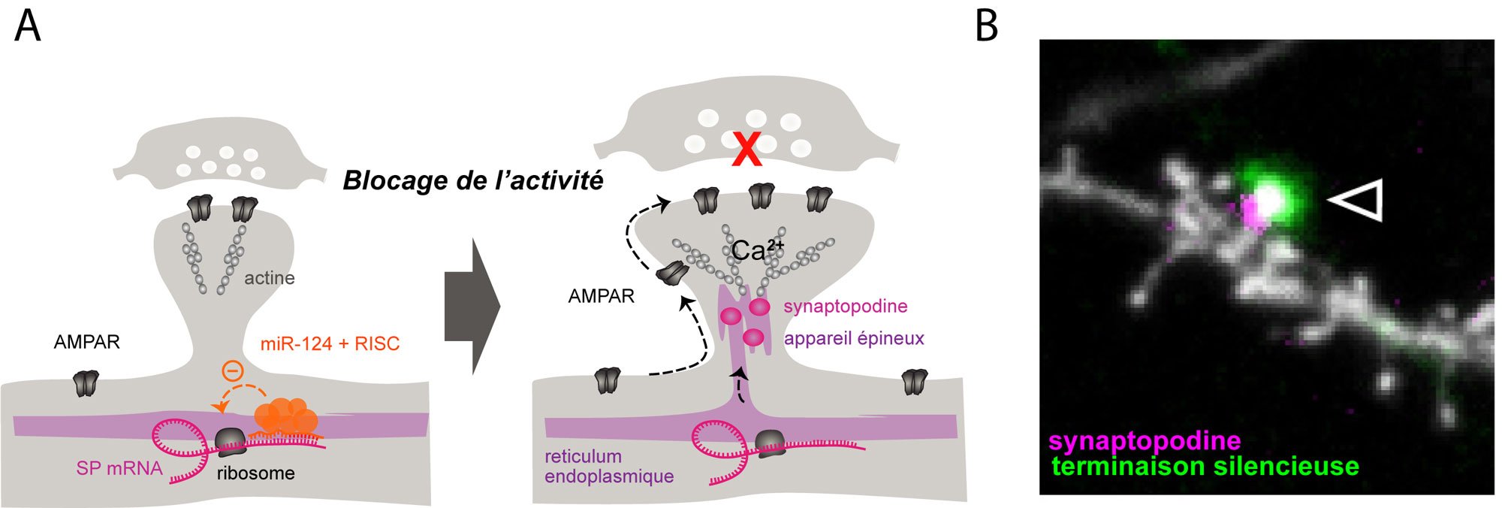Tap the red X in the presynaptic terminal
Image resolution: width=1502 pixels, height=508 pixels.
(746, 150)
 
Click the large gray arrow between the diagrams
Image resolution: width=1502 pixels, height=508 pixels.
(472, 306)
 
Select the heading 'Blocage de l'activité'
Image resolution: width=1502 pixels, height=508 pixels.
(472, 181)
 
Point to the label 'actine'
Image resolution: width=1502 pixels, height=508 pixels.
(269, 278)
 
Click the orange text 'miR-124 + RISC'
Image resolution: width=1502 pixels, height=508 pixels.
(330, 344)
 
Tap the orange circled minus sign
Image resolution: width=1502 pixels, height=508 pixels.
(233, 370)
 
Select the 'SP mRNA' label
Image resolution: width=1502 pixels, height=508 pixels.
(119, 468)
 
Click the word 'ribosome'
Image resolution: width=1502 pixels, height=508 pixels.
(255, 473)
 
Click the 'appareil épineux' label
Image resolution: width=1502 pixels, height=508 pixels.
(854, 338)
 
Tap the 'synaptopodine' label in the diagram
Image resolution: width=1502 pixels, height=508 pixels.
(845, 307)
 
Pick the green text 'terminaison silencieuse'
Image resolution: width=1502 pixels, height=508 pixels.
(1205, 467)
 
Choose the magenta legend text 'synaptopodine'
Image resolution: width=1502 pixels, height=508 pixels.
(1144, 440)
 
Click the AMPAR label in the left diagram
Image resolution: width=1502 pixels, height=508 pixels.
(86, 342)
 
